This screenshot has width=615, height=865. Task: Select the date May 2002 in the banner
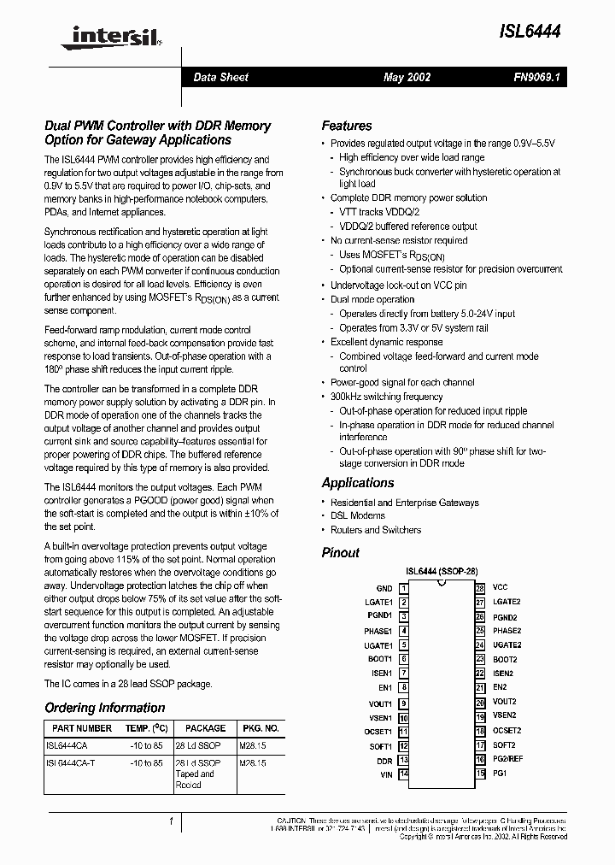tap(407, 77)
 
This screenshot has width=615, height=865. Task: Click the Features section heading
tap(346, 126)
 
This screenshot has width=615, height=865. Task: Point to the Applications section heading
tap(357, 483)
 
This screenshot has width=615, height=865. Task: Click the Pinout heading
tap(340, 553)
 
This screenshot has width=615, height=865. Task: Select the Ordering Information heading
tap(104, 708)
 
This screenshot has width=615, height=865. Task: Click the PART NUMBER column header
tap(82, 728)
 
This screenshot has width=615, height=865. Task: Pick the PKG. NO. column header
tap(260, 728)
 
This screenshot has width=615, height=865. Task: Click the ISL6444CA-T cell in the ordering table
tap(76, 762)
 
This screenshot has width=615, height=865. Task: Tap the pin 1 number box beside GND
tap(403, 588)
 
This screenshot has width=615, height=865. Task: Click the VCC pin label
tap(500, 588)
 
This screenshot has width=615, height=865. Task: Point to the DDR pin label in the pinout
tap(384, 760)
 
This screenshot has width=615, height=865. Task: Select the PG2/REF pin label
tap(507, 759)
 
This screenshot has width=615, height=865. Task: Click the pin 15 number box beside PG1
tap(480, 774)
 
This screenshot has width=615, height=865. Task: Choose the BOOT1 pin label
tap(380, 659)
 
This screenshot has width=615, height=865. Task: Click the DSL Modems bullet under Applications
tap(357, 515)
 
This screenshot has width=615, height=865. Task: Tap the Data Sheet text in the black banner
tap(220, 77)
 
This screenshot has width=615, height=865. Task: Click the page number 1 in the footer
tap(172, 821)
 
